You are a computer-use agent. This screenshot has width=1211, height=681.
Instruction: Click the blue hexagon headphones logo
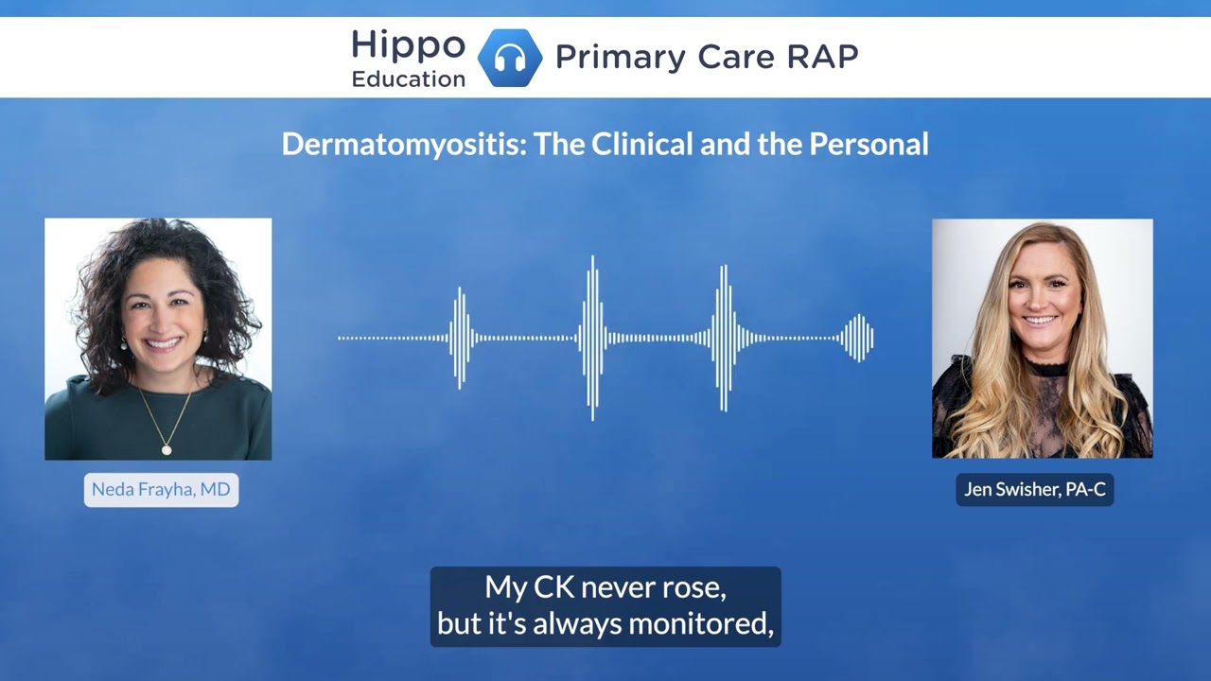click(x=510, y=58)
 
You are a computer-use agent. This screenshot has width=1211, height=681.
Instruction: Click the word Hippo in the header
click(x=408, y=44)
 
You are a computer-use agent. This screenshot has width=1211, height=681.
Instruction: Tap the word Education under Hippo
click(x=408, y=79)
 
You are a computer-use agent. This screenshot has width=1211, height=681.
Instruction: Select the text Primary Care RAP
click(x=706, y=57)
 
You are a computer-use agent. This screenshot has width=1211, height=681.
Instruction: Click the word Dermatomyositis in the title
click(x=405, y=145)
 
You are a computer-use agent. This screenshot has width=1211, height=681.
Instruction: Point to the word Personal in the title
click(x=868, y=145)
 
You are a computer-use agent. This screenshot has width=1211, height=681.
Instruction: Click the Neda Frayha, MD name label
click(x=161, y=490)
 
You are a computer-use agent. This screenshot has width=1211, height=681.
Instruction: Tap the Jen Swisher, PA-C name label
click(x=1034, y=489)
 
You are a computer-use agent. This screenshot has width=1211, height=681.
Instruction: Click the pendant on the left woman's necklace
click(x=167, y=448)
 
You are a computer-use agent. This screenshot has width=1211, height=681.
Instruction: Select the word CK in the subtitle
click(x=553, y=587)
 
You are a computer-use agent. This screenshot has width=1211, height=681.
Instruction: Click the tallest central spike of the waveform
click(x=592, y=338)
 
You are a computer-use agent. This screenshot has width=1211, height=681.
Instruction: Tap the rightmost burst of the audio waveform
click(x=857, y=338)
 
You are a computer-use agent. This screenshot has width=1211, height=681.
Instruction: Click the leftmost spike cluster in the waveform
click(x=461, y=338)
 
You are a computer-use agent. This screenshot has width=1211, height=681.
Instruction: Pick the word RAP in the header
click(x=822, y=57)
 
